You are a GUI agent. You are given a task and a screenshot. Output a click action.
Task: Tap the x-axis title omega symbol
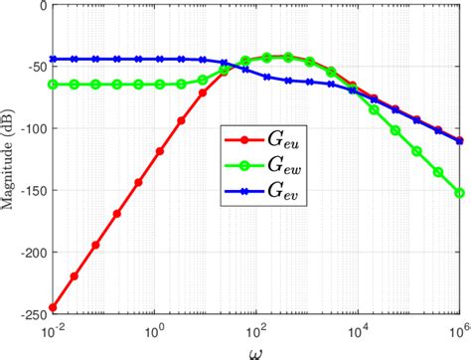[256, 349]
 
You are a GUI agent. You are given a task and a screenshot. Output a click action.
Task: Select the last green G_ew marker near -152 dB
[459, 193]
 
